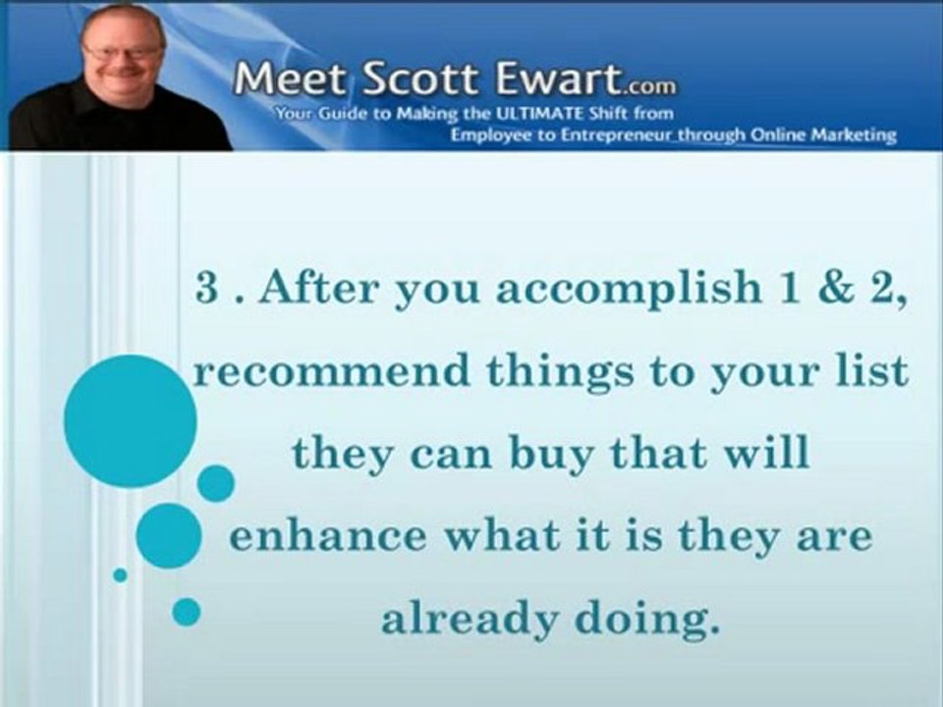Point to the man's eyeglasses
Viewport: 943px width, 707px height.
click(x=123, y=51)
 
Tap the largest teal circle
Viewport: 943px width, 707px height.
click(x=130, y=421)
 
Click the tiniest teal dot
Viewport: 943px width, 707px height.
click(x=120, y=574)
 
